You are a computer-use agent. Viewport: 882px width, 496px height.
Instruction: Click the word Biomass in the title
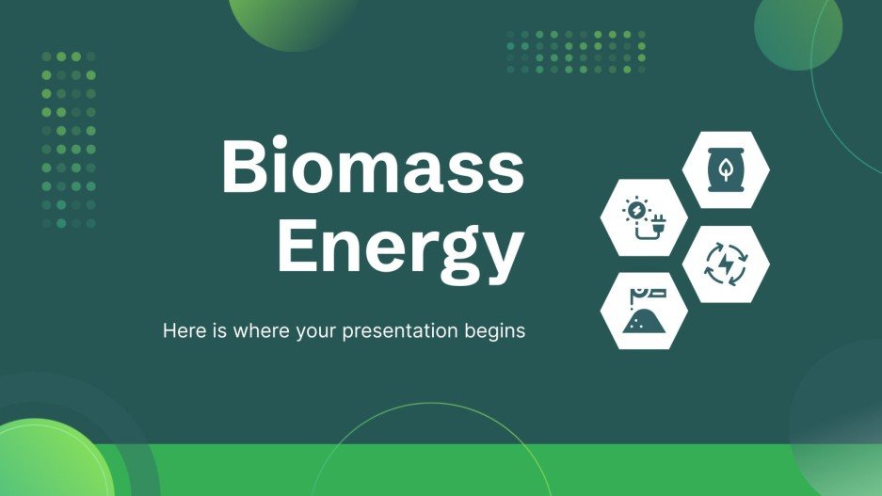coord(372,167)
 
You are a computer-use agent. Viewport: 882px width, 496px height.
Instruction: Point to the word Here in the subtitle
coord(180,331)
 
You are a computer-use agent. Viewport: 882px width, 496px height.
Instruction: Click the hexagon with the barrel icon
coord(725,169)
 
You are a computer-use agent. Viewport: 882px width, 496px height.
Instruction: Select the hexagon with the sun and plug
coord(644,217)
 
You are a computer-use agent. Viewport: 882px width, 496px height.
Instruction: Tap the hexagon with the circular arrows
coord(725,264)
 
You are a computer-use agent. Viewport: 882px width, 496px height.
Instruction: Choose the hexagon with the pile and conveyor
coord(644,311)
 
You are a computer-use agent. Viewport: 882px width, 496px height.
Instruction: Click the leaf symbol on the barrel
coord(725,170)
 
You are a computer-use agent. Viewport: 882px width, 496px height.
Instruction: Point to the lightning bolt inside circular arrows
coord(725,264)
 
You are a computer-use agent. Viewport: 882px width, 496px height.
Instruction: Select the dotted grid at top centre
coord(575,51)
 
